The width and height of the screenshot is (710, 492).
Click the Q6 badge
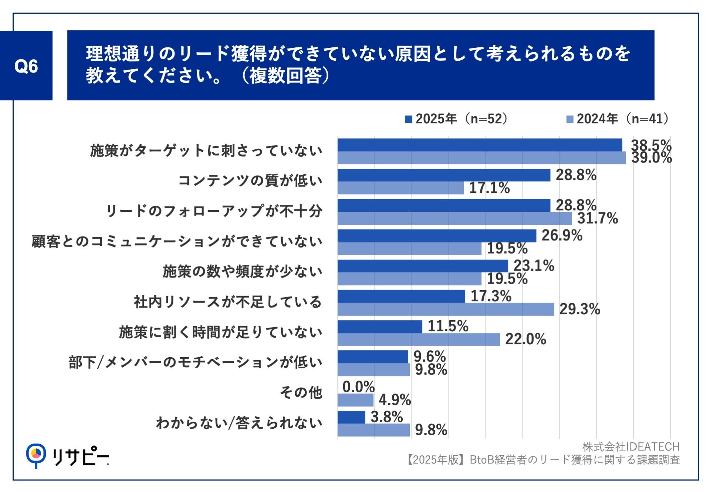(26, 66)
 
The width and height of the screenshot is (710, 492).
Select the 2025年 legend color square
(408, 119)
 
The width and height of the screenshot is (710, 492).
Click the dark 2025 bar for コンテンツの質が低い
(444, 175)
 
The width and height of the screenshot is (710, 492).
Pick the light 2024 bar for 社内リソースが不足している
(445, 309)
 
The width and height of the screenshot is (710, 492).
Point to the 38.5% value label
(651, 145)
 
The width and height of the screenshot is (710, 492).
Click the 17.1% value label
(489, 188)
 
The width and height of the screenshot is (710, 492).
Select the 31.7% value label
(598, 218)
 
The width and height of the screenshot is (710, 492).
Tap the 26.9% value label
(562, 235)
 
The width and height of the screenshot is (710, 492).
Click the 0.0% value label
(358, 387)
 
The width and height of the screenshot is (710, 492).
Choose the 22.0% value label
(525, 339)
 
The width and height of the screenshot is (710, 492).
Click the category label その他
(301, 392)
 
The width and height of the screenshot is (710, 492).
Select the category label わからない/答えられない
(239, 423)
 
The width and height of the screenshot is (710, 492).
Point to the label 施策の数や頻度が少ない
(242, 271)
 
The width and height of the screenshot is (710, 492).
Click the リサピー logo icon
(36, 455)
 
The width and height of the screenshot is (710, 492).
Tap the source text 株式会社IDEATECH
(631, 447)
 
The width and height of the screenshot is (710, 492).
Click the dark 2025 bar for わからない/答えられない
(351, 417)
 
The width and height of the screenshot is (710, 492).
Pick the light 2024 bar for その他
(355, 400)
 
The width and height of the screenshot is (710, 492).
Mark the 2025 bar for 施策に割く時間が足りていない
(380, 327)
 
